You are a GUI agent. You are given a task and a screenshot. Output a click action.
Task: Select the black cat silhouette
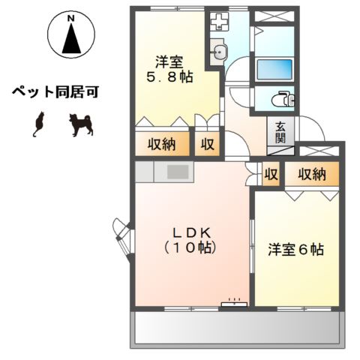coord(39,124)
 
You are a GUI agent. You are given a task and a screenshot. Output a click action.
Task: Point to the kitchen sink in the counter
coord(178,172)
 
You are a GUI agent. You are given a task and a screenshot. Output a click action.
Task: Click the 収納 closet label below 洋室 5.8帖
coord(160,144)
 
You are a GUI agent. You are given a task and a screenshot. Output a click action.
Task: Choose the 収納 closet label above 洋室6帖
coord(310,175)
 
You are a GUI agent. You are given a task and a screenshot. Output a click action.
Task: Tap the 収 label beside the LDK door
coord(271,175)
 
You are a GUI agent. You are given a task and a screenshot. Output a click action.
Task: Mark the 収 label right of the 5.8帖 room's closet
coord(207,144)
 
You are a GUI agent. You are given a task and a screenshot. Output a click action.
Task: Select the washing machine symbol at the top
coord(218,20)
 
